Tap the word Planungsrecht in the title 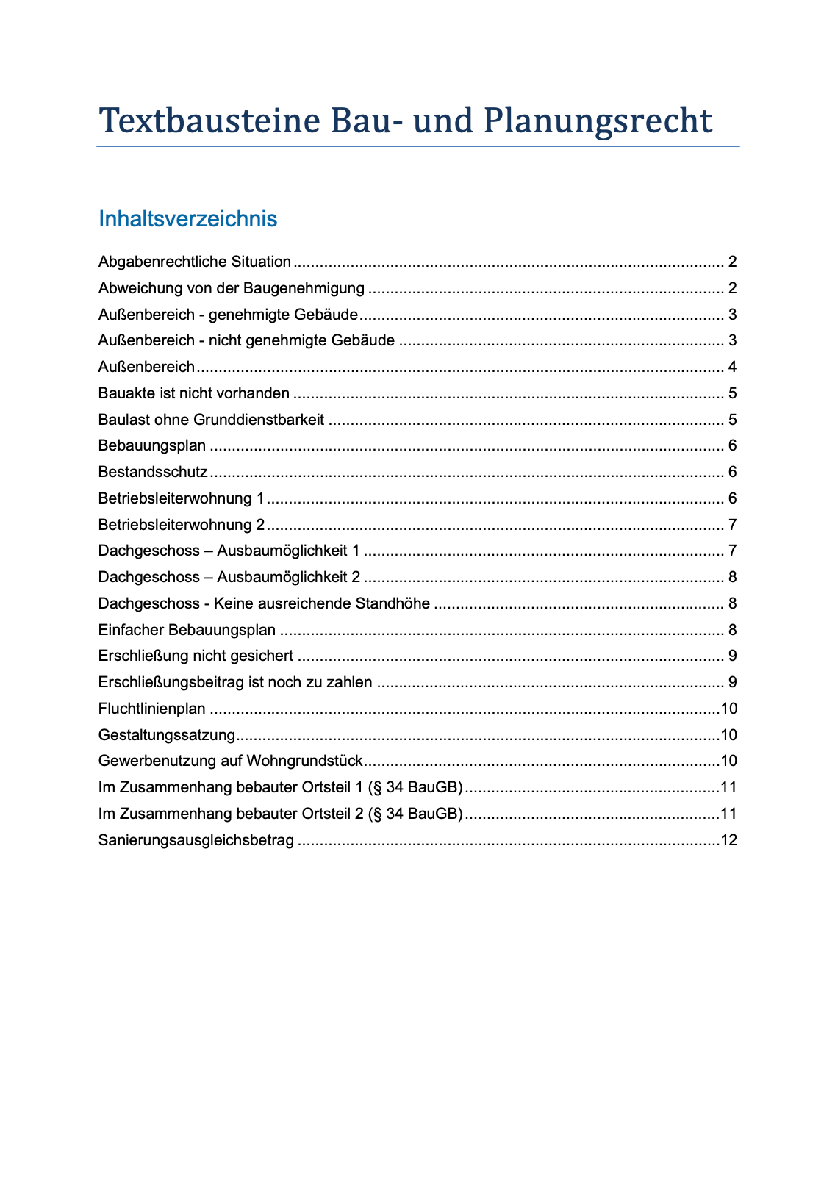pos(597,121)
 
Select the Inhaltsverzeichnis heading pos(187,219)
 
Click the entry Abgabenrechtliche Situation pos(195,262)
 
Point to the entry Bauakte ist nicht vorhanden pos(194,393)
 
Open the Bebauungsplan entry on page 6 pos(152,446)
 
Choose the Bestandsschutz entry pos(153,472)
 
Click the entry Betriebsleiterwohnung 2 pos(182,525)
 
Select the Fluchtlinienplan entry pos(152,709)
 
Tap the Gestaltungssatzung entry pos(167,735)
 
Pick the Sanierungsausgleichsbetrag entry pos(196,840)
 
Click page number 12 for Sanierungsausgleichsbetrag pos(729,840)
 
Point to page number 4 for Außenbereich pos(733,367)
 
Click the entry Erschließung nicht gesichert pos(196,656)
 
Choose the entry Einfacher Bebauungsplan pos(187,630)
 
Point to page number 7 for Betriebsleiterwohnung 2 pos(733,525)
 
